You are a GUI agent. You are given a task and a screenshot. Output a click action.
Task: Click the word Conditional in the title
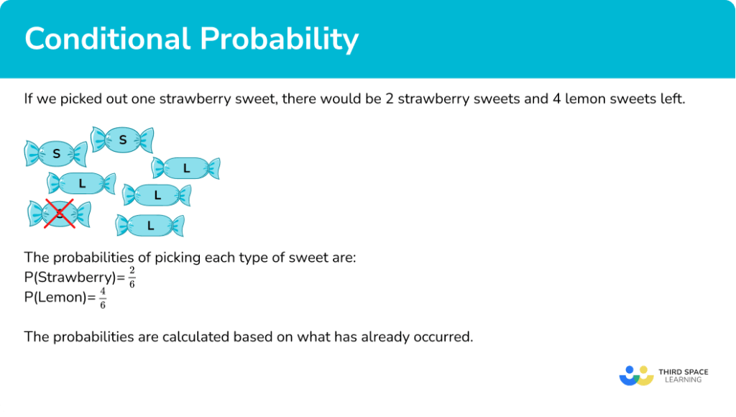click(108, 39)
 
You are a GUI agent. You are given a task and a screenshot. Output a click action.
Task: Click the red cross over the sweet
click(60, 214)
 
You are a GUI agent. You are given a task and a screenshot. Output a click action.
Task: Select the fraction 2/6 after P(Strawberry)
click(132, 277)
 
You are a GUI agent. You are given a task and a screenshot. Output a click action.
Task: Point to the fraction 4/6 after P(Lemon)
click(103, 298)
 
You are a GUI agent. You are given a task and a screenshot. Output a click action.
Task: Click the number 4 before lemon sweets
click(557, 99)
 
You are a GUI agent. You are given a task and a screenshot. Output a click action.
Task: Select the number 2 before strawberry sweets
click(390, 99)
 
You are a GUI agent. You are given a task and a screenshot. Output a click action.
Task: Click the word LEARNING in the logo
click(683, 380)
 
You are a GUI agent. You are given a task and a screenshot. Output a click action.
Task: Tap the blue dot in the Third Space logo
click(630, 370)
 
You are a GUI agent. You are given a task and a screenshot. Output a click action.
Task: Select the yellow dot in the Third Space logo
click(643, 370)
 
